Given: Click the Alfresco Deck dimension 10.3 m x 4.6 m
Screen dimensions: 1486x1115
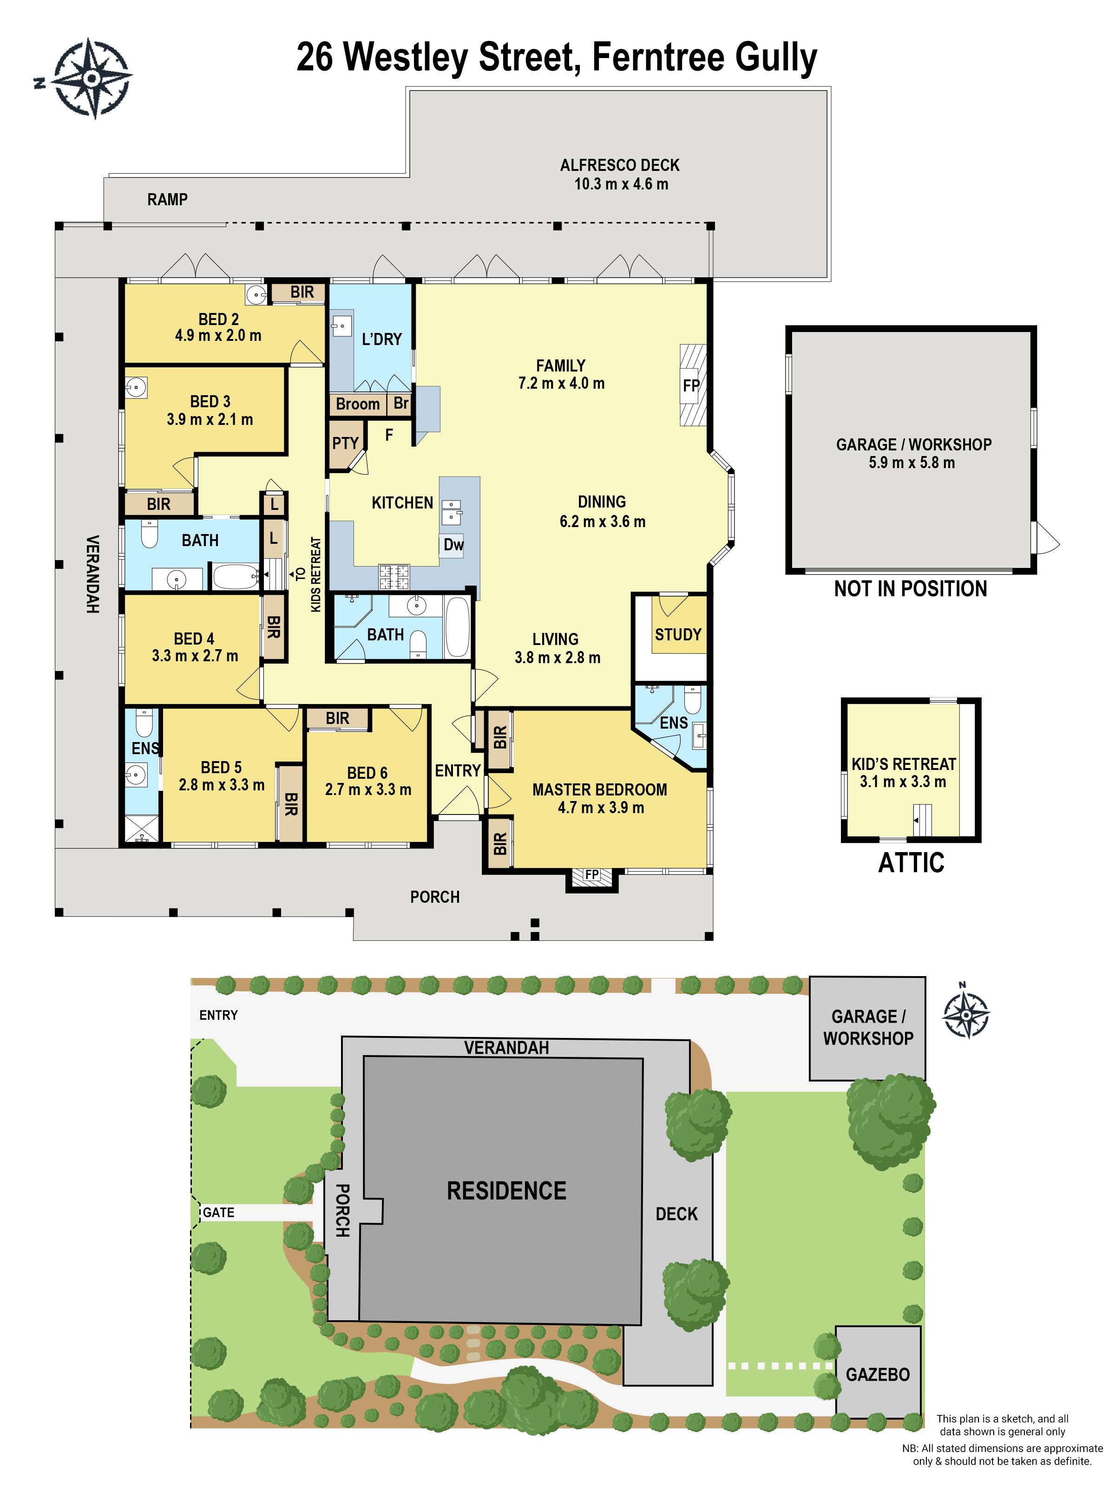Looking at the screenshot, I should pos(620,184).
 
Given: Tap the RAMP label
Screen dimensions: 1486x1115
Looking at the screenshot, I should pos(167,200).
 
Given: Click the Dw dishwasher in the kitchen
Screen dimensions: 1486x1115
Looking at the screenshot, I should pos(453,545).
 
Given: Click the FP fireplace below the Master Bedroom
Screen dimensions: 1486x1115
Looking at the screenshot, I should pos(591,875).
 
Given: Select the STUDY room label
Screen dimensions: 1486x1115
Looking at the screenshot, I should pos(678,634).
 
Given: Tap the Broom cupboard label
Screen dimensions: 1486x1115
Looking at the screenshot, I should pos(358,404).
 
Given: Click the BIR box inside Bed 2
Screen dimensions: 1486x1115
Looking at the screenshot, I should pos(302,292).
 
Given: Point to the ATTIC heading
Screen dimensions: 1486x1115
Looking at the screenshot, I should pos(911,863).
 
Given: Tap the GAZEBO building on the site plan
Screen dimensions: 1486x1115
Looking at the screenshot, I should pos(877,1374).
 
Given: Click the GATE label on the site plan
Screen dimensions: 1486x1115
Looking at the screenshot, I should pos(218,1212).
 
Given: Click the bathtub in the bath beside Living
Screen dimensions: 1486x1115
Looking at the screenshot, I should pos(457,627).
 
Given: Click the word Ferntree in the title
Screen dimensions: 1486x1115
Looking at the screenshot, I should pos(659,57).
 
